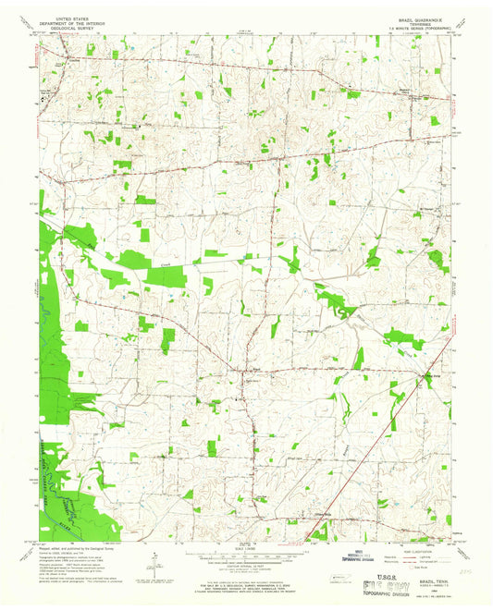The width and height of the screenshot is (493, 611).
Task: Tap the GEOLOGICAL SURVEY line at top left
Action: (76, 27)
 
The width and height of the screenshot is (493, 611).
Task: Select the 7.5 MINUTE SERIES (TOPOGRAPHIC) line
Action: (415, 27)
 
